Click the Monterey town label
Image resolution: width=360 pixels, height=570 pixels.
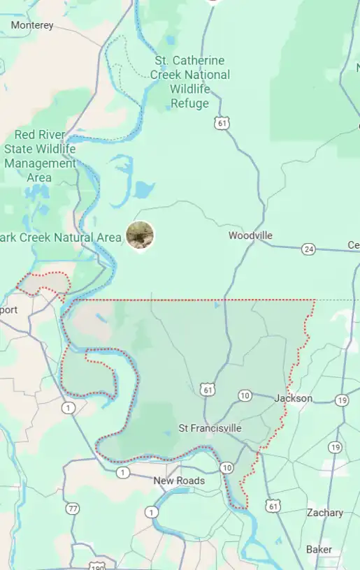pyautogui.click(x=32, y=25)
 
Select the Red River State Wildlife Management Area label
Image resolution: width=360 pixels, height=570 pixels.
pyautogui.click(x=40, y=156)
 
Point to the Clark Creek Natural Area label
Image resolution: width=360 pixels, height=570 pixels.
pyautogui.click(x=61, y=237)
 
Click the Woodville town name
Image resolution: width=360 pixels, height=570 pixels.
pyautogui.click(x=250, y=235)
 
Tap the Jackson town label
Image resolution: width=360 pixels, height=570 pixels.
pyautogui.click(x=294, y=398)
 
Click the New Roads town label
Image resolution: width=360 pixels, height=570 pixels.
pyautogui.click(x=180, y=481)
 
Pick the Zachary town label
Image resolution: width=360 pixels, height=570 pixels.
pyautogui.click(x=325, y=513)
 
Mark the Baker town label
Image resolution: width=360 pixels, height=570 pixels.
pyautogui.click(x=319, y=549)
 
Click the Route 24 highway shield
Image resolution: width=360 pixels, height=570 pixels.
pyautogui.click(x=308, y=249)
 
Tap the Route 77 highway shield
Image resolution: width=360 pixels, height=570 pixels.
pyautogui.click(x=73, y=509)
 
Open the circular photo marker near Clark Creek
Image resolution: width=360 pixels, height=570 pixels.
pyautogui.click(x=140, y=235)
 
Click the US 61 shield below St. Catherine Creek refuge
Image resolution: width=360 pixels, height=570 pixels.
pyautogui.click(x=222, y=123)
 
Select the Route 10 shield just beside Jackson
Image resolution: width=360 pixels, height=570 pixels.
pyautogui.click(x=245, y=395)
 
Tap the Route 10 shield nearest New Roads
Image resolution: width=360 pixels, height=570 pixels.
pyautogui.click(x=226, y=467)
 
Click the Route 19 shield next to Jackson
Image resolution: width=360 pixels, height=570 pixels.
pyautogui.click(x=341, y=400)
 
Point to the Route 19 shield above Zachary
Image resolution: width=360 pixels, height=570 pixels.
pyautogui.click(x=335, y=447)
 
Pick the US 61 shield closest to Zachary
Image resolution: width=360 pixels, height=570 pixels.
pyautogui.click(x=273, y=505)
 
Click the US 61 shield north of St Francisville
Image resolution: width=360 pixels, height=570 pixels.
pyautogui.click(x=206, y=389)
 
